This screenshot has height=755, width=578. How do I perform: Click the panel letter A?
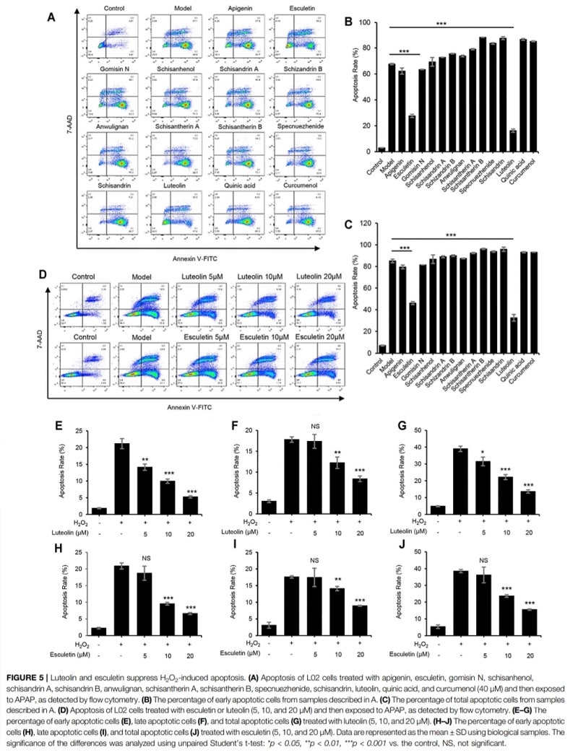click(52, 15)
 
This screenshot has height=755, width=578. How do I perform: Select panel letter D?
click(53, 275)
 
